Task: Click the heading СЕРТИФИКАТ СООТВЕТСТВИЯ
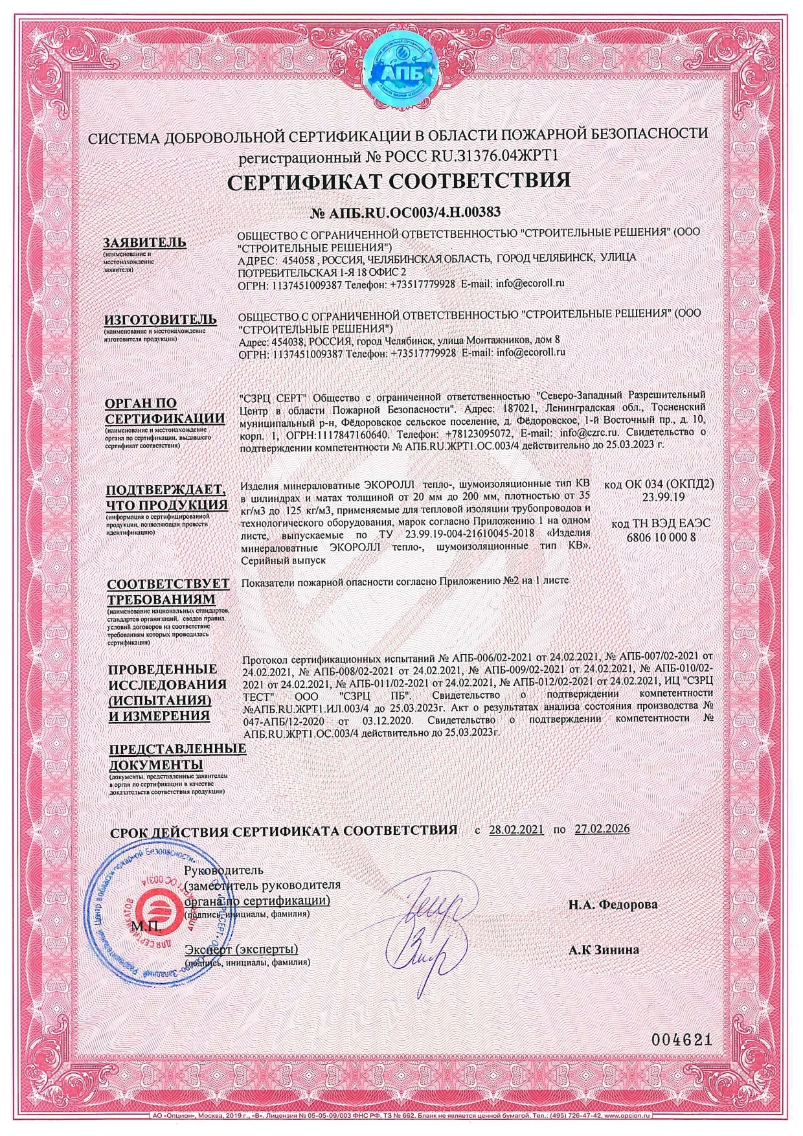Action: (x=400, y=181)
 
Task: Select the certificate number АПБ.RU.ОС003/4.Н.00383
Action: (x=407, y=212)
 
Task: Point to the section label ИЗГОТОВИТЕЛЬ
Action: (x=157, y=319)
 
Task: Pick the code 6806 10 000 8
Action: (x=661, y=537)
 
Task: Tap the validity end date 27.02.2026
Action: (x=602, y=830)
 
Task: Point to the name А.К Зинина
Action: (x=604, y=950)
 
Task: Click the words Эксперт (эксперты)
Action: (x=241, y=949)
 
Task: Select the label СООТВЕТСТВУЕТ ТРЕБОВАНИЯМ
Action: (x=168, y=591)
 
